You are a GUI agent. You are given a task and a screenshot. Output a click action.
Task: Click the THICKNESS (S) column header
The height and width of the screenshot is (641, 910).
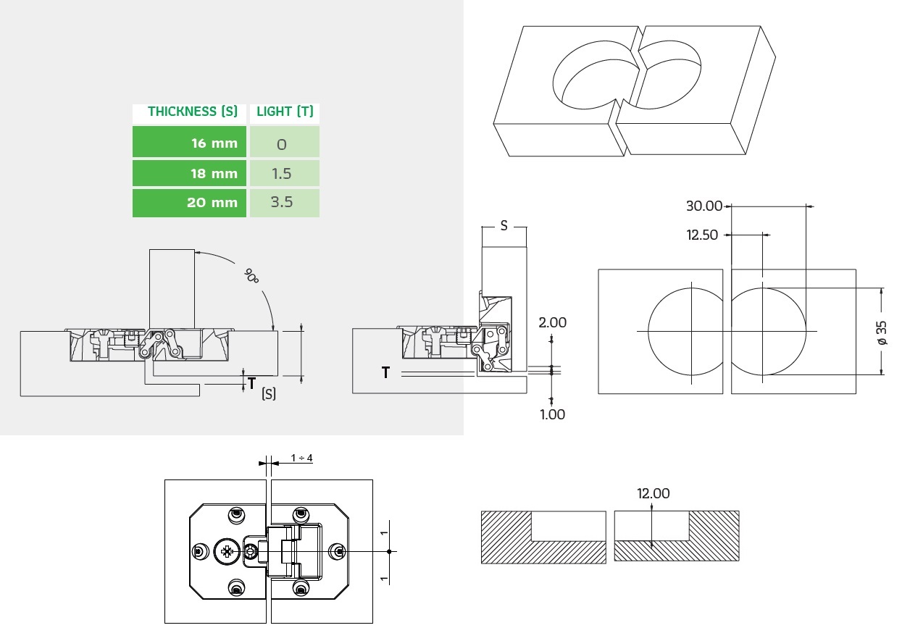tap(193, 112)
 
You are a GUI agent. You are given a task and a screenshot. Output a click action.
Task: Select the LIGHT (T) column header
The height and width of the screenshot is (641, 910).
tap(285, 112)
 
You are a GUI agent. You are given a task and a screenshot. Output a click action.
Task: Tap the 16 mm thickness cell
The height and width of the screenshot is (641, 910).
tap(190, 143)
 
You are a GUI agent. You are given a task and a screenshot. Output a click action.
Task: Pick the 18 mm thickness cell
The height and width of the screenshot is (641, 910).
tap(190, 173)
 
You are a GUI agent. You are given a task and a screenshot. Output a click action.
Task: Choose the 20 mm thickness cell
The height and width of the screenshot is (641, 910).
tap(190, 203)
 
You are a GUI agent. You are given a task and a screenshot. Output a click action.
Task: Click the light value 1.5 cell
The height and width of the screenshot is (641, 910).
tap(283, 173)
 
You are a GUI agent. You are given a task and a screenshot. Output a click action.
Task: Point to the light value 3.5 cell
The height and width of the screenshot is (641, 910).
tap(283, 203)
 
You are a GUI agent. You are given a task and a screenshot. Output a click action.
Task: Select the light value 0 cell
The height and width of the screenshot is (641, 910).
tap(283, 143)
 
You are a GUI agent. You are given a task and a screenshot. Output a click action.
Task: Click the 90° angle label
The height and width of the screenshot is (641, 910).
tap(251, 275)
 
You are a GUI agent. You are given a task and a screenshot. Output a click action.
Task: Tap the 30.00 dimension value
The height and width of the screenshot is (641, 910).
tap(704, 206)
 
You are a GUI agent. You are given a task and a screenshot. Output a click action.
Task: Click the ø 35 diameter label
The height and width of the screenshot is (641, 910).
tap(882, 331)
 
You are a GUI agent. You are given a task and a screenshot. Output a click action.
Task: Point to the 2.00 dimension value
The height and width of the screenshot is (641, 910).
tap(552, 322)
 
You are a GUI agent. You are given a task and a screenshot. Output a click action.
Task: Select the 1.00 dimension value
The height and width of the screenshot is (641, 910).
tap(552, 414)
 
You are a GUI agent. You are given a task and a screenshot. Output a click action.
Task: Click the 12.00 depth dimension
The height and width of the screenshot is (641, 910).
tap(653, 493)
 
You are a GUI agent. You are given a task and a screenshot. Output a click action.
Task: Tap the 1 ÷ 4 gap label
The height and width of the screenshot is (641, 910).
tap(301, 458)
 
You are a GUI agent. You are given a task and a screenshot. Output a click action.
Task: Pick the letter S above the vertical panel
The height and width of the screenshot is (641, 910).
tap(504, 225)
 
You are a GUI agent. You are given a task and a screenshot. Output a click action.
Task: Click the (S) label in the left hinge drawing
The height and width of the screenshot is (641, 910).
tap(268, 395)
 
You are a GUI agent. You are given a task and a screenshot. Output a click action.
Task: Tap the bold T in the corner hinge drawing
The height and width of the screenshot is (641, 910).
tap(385, 372)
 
